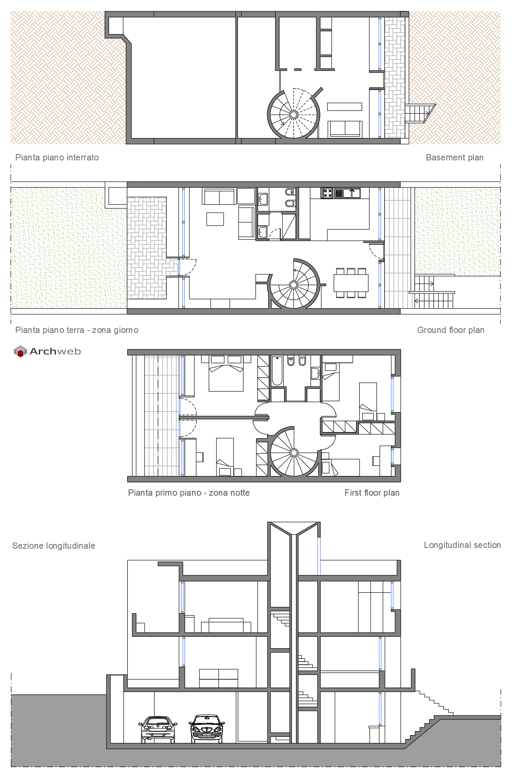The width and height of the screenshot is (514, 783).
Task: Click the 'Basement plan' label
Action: click(x=454, y=158)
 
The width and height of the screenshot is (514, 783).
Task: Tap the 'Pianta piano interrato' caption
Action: click(x=57, y=158)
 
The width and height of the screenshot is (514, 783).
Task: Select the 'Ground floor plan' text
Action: click(x=450, y=330)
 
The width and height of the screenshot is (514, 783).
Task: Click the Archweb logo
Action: click(x=47, y=351)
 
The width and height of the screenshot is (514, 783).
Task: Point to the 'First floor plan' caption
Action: click(x=372, y=493)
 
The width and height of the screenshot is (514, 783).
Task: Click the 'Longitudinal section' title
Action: click(x=462, y=545)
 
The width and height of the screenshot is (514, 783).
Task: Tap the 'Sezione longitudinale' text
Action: click(x=54, y=546)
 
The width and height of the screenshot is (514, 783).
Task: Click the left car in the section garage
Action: click(x=158, y=729)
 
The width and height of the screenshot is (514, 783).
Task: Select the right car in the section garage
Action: click(x=207, y=729)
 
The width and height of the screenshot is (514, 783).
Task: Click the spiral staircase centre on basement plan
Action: click(x=294, y=114)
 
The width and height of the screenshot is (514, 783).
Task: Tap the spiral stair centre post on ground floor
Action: click(x=294, y=285)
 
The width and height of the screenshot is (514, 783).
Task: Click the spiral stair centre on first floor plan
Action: click(x=294, y=453)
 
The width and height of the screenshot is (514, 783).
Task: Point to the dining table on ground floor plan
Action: click(x=351, y=283)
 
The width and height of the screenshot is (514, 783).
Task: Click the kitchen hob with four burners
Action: click(x=327, y=193)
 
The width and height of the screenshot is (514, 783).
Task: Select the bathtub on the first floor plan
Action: click(x=277, y=371)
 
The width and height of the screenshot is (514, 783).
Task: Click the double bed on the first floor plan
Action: click(x=226, y=374)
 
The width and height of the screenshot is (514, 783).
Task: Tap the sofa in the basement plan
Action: click(x=345, y=129)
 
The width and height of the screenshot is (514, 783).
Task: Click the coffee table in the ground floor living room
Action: click(x=215, y=219)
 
